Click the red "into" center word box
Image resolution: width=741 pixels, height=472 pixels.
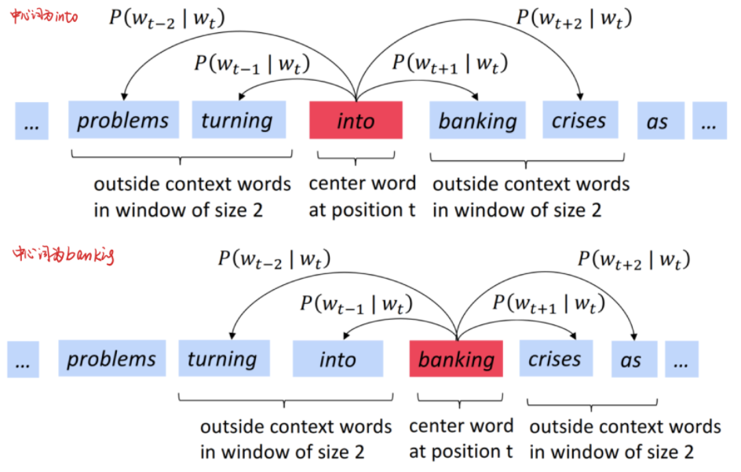[x=356, y=120]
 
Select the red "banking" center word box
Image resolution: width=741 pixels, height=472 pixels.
[x=456, y=359]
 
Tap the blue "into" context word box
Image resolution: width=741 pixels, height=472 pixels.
[x=338, y=359]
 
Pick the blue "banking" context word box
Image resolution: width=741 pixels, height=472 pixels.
[x=477, y=120]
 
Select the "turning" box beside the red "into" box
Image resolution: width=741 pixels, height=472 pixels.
[x=236, y=120]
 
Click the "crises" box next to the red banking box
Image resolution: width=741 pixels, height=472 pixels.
[x=554, y=359]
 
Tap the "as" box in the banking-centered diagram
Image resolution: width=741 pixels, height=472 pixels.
[x=630, y=360]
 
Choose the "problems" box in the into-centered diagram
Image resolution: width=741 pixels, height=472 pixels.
[x=122, y=120]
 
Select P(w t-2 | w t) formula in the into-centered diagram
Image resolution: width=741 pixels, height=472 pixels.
[x=167, y=17]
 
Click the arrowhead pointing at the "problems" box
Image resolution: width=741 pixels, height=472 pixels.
[x=125, y=97]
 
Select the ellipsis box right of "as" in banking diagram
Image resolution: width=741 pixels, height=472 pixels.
[x=681, y=360]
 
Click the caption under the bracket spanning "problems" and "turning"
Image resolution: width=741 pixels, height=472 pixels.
[x=192, y=196]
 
